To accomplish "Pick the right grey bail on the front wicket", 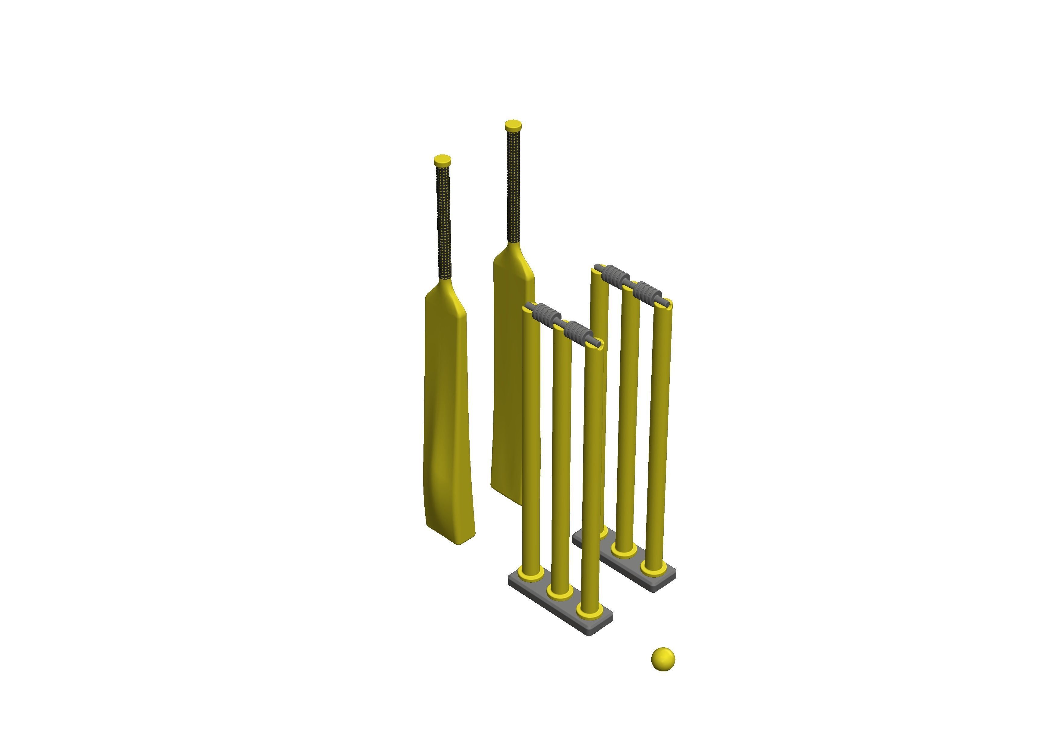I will [x=578, y=331].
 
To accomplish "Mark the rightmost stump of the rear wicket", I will [x=658, y=433].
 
